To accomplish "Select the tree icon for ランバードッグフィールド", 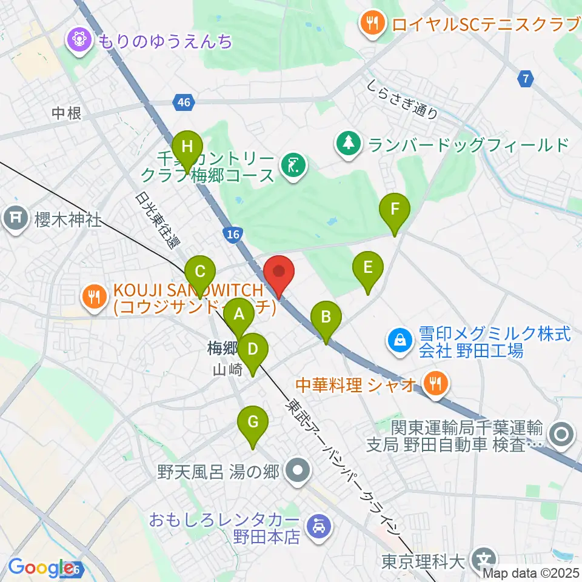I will coord(349,144).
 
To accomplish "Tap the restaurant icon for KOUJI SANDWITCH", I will coord(93,296).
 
